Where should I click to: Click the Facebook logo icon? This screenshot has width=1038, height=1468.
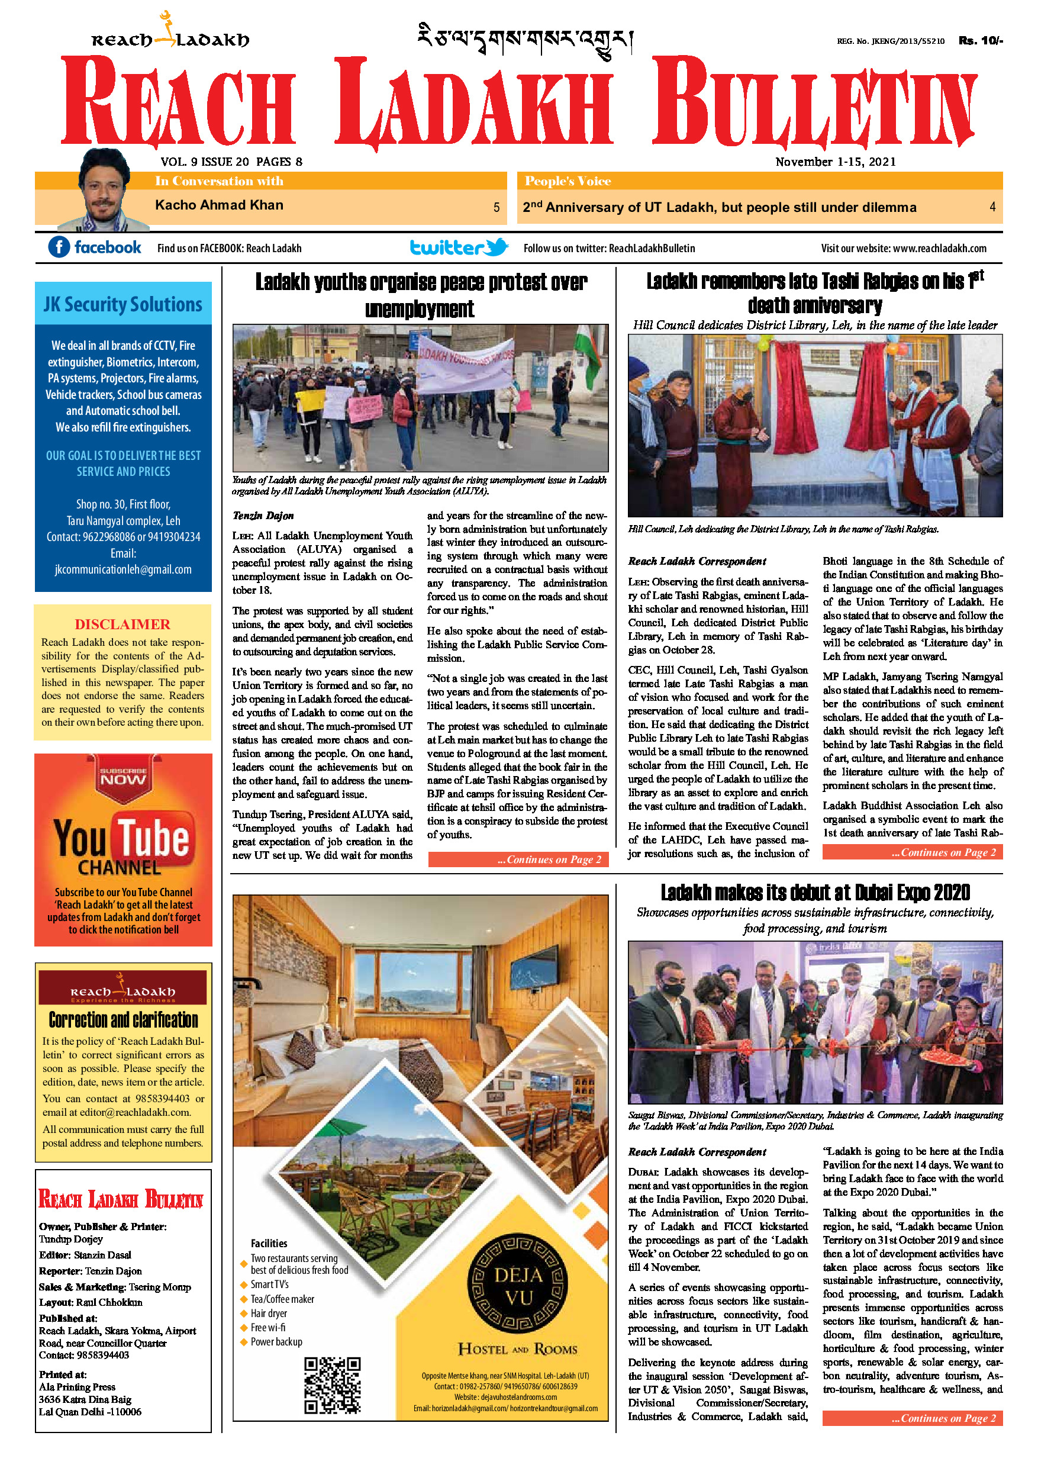(59, 247)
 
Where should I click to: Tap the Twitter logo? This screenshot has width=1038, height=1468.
(459, 247)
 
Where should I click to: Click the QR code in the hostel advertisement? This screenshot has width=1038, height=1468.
(332, 1385)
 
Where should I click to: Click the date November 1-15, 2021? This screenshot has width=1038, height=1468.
(836, 162)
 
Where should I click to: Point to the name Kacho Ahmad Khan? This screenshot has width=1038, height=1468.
(218, 205)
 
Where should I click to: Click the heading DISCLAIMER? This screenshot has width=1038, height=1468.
(123, 624)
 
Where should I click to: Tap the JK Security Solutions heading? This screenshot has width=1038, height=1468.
(123, 304)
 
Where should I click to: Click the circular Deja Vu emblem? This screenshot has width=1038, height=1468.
(518, 1286)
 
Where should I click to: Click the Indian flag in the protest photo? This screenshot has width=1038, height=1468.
(588, 353)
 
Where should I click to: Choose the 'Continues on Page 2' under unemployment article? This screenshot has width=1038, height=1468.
(518, 859)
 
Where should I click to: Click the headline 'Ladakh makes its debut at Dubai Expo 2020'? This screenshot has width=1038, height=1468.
(815, 893)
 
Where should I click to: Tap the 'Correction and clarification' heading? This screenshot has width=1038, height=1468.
(123, 1019)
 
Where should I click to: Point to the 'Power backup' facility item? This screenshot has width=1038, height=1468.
(276, 1341)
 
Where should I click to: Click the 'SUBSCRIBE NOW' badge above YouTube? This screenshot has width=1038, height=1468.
(123, 775)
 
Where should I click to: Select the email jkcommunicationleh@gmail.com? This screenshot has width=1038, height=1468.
(123, 569)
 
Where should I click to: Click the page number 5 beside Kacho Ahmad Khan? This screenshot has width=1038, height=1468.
(496, 207)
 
